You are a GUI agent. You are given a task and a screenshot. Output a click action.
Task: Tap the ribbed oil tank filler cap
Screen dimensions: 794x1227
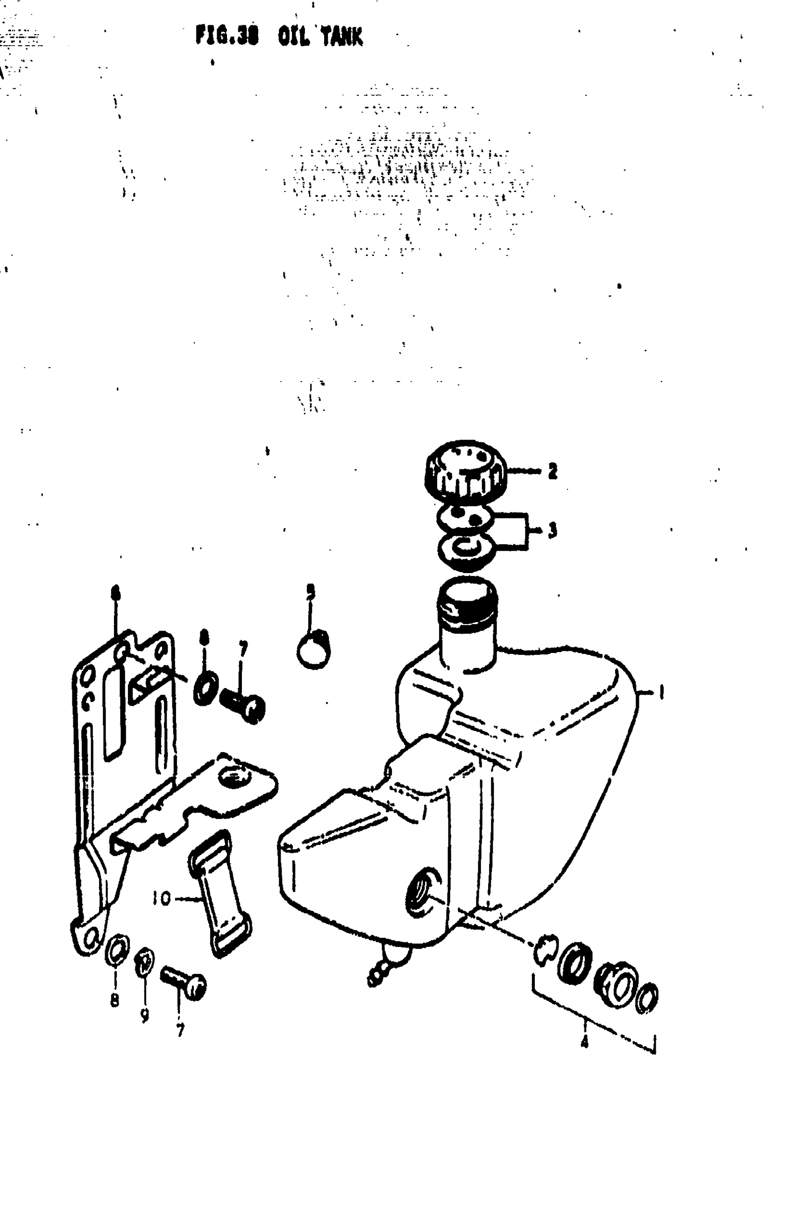(x=465, y=471)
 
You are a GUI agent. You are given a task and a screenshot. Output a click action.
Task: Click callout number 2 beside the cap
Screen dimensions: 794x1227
(x=553, y=471)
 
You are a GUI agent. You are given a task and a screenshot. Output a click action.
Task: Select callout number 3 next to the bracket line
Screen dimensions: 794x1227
(x=553, y=530)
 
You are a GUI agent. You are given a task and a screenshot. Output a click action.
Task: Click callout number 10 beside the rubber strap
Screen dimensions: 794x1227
(x=162, y=899)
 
